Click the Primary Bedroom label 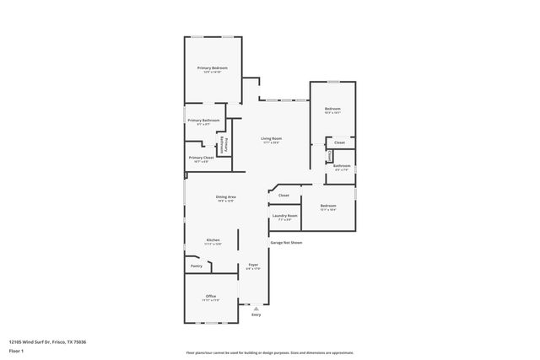(213, 67)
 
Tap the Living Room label (271, 138)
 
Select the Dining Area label (225, 196)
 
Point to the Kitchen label (213, 239)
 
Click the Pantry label (196, 266)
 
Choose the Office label (211, 296)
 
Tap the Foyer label (253, 265)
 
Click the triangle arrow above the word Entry (256, 309)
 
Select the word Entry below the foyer (256, 314)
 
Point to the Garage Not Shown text (286, 243)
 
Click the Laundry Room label (283, 216)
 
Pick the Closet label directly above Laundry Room (283, 196)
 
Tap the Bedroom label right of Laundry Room (327, 206)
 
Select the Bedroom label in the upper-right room (333, 109)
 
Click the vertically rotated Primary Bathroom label (226, 144)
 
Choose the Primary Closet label (201, 158)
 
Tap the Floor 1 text (16, 350)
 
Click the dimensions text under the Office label (211, 300)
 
